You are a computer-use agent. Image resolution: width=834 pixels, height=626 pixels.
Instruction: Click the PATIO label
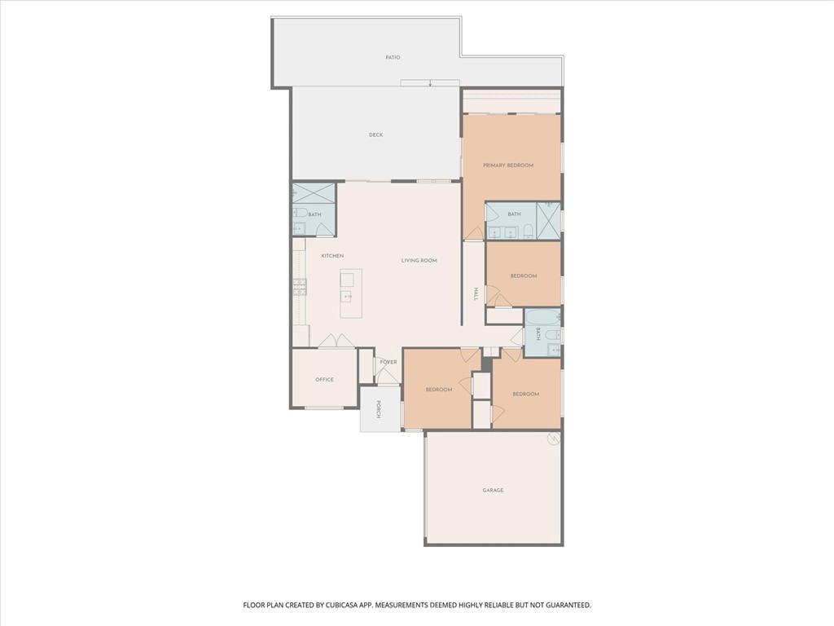(x=393, y=58)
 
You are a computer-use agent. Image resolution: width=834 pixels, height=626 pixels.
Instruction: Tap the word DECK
(x=376, y=135)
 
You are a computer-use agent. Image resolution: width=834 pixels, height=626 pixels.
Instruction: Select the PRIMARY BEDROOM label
(x=508, y=165)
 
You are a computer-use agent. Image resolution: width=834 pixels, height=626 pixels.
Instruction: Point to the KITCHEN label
(x=332, y=256)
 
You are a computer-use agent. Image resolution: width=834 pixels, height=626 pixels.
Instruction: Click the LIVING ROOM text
(x=419, y=261)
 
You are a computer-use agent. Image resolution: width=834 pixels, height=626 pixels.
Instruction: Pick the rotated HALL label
(x=476, y=294)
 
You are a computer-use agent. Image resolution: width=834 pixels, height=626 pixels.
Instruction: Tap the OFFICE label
(x=324, y=380)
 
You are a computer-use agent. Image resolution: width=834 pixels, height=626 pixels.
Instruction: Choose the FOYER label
(x=388, y=363)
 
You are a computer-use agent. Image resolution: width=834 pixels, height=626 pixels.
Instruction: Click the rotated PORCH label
(x=378, y=409)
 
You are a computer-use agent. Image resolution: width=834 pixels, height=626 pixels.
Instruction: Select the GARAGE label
(x=493, y=490)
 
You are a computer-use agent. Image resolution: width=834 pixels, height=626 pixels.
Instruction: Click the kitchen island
(x=351, y=293)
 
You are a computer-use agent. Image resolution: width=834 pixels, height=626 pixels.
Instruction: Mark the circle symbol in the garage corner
(x=554, y=439)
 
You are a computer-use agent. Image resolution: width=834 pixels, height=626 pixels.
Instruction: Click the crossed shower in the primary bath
(x=548, y=220)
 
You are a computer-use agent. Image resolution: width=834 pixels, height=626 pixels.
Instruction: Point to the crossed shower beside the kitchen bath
(x=314, y=192)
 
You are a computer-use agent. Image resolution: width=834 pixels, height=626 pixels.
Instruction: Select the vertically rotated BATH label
(x=538, y=334)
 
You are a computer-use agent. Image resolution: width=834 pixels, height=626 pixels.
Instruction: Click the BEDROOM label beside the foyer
(x=439, y=390)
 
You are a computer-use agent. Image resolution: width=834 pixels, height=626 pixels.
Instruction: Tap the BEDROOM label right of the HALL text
(x=524, y=276)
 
